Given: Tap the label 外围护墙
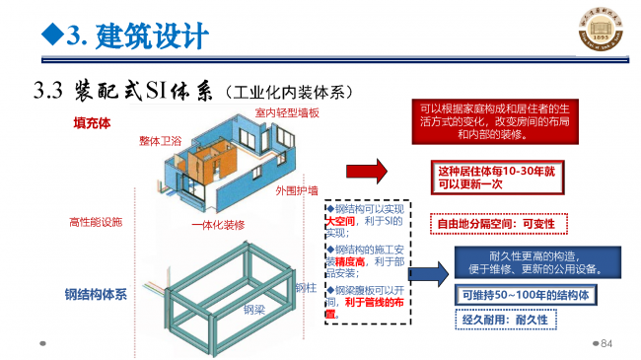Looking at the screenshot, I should pyautogui.click(x=295, y=190).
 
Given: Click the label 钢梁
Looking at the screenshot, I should pyautogui.click(x=254, y=309).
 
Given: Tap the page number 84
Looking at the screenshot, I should pyautogui.click(x=606, y=343).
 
